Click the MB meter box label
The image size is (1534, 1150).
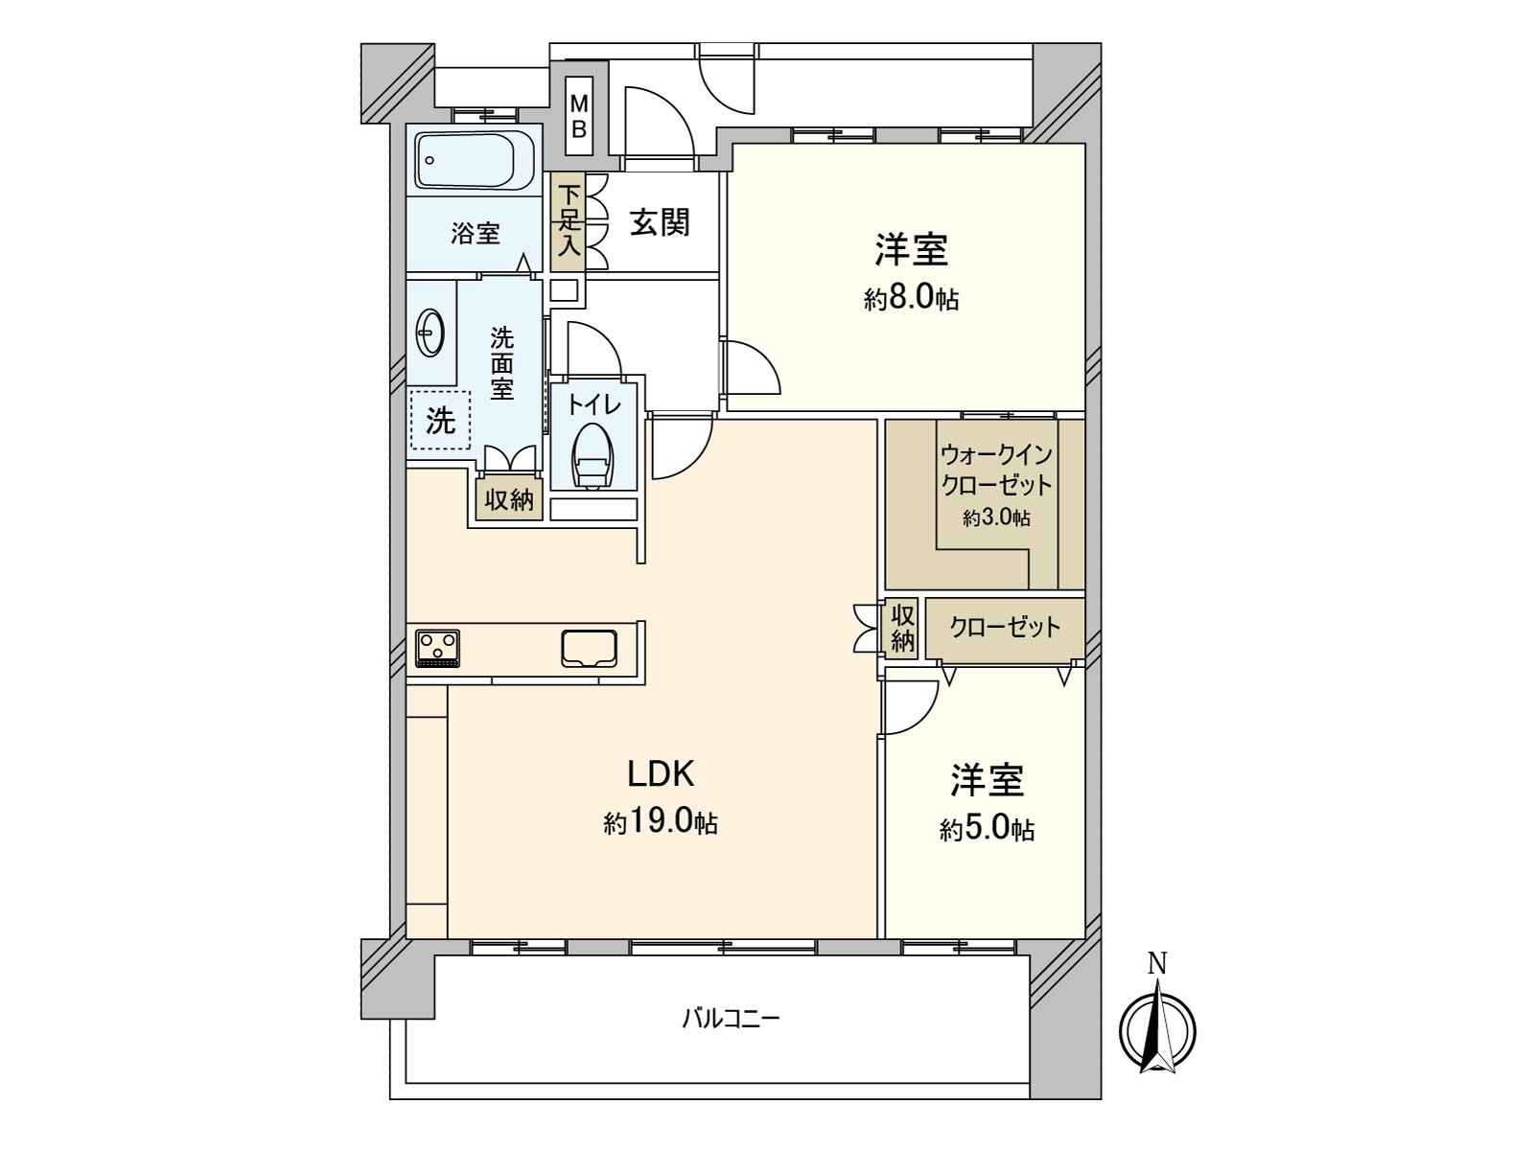[x=579, y=117]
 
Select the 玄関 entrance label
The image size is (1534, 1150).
[x=660, y=222]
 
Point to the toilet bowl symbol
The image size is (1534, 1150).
[x=593, y=455]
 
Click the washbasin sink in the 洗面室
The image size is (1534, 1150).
[x=430, y=333]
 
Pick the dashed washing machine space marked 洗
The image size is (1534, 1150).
[x=440, y=420]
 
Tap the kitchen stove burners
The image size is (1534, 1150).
[x=437, y=648]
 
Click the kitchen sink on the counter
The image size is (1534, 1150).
[x=589, y=647]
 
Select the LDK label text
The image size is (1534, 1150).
[x=661, y=774]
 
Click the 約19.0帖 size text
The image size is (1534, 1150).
[x=661, y=824]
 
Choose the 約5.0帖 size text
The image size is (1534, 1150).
[x=987, y=830]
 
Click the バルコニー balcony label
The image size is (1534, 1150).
[x=731, y=1020]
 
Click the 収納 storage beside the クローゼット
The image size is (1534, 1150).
[x=902, y=629]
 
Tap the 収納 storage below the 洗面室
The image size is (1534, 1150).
[x=509, y=499]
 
